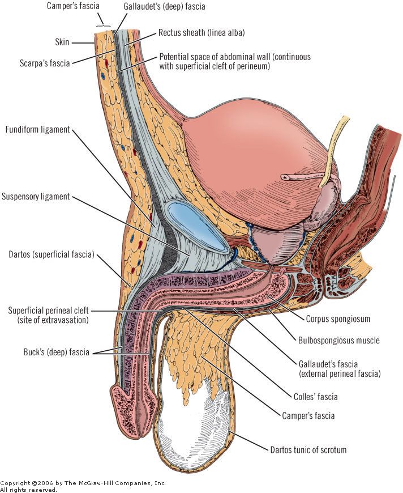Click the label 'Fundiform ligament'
(x=37, y=130)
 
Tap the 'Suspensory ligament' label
(x=36, y=197)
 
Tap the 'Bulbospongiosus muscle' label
(x=338, y=341)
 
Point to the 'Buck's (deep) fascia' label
(x=54, y=352)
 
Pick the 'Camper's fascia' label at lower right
(x=308, y=416)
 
